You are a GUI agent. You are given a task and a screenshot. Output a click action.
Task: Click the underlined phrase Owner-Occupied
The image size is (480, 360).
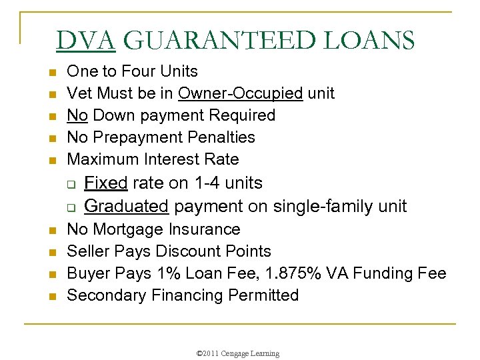pyautogui.click(x=240, y=93)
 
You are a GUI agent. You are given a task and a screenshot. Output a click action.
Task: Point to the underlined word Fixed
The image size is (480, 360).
pyautogui.click(x=106, y=183)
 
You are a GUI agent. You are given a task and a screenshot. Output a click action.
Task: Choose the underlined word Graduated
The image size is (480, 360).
pyautogui.click(x=126, y=206)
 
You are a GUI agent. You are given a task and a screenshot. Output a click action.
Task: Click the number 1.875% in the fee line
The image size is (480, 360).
pyautogui.click(x=295, y=273)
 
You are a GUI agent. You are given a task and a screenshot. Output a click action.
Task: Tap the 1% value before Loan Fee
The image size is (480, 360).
pyautogui.click(x=183, y=273)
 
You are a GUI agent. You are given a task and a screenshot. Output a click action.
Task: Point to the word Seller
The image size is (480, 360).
pyautogui.click(x=89, y=251)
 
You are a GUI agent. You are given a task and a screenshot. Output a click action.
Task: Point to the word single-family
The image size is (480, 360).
pyautogui.click(x=317, y=206)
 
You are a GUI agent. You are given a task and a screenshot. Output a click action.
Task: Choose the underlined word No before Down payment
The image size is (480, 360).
pyautogui.click(x=77, y=115)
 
